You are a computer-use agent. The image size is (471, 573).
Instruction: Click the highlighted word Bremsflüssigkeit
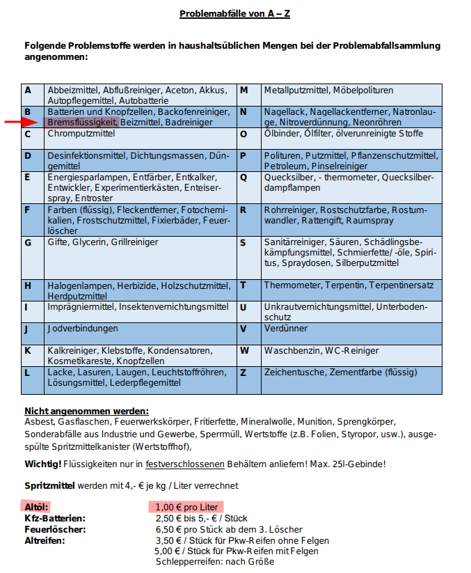80,122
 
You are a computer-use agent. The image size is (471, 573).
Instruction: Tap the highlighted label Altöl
37,507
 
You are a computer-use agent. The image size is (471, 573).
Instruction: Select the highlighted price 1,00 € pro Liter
186,507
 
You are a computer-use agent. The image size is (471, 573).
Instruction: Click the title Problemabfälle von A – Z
234,14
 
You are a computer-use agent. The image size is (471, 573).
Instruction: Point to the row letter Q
244,178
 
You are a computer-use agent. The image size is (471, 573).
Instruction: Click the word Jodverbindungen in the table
83,328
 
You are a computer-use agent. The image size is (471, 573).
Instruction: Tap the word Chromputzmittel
81,134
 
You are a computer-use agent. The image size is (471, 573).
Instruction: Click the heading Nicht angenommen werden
86,411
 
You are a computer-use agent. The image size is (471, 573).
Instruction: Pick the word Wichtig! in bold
42,464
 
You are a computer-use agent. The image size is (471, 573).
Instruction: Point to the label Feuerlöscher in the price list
54,529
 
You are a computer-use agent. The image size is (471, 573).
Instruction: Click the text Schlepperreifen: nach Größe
215,562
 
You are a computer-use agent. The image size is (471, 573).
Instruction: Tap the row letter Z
243,372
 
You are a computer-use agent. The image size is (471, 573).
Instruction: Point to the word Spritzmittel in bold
50,485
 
